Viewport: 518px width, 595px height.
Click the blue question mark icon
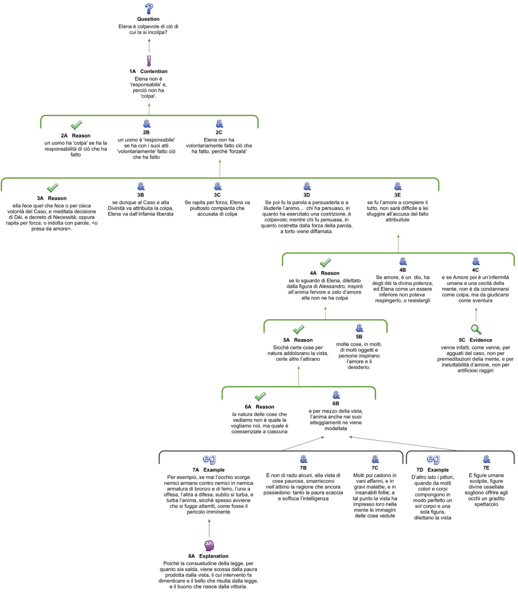coord(149,9)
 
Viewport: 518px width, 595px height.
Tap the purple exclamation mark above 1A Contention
coord(149,61)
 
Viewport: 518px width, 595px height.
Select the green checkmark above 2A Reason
coord(76,125)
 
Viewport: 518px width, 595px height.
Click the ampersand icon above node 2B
coord(147,124)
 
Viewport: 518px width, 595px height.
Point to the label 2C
coord(219,132)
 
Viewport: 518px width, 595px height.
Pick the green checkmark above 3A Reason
coord(53,188)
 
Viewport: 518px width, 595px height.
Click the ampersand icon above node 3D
coord(307,186)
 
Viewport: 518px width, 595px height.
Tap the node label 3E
coord(397,195)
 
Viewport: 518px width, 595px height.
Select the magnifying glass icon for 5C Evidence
coord(476,329)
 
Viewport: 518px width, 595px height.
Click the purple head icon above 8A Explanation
coord(209,545)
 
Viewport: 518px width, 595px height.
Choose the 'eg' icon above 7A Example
coord(209,459)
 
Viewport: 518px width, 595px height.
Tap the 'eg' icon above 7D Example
coord(433,459)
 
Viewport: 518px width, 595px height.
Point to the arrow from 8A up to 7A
coord(209,528)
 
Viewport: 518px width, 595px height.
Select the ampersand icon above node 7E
coord(487,460)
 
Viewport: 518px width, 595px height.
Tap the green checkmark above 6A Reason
coord(260,396)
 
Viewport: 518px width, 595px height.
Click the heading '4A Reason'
coord(324,273)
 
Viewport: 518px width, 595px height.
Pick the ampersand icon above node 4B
coord(403,262)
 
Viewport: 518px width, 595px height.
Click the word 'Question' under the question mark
coord(148,19)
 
